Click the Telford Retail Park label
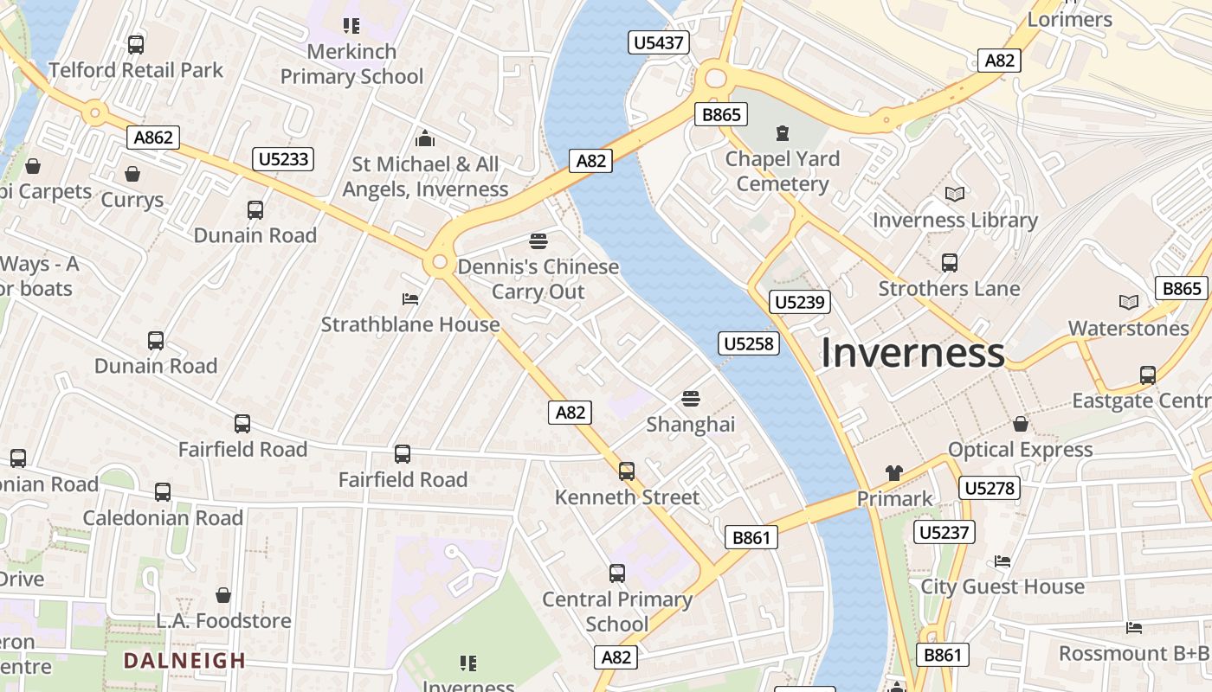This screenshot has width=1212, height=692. pyautogui.click(x=136, y=70)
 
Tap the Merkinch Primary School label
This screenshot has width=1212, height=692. pyautogui.click(x=351, y=64)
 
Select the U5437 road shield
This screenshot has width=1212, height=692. pyautogui.click(x=661, y=42)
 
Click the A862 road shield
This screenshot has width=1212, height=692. pyautogui.click(x=154, y=137)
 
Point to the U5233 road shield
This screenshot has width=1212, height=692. pyautogui.click(x=283, y=159)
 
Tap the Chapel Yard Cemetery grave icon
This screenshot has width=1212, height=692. pyautogui.click(x=783, y=132)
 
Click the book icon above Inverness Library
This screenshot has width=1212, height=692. pyautogui.click(x=955, y=194)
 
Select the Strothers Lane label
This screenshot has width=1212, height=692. pyautogui.click(x=949, y=289)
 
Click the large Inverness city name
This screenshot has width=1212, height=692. pyautogui.click(x=912, y=353)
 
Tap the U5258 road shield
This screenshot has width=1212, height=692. pyautogui.click(x=749, y=344)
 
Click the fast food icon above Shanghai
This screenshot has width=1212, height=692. pyautogui.click(x=690, y=398)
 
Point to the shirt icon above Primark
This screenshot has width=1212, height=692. pyautogui.click(x=894, y=472)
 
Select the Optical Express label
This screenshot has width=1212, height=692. pyautogui.click(x=1020, y=450)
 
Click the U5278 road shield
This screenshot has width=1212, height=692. pyautogui.click(x=989, y=489)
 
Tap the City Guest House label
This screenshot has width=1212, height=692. pyautogui.click(x=1002, y=586)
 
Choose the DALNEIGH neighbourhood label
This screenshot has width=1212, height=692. pyautogui.click(x=184, y=662)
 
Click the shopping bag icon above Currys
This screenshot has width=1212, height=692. pyautogui.click(x=132, y=174)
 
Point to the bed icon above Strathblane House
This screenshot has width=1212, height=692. pyautogui.click(x=410, y=299)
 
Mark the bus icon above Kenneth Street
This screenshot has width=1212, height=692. pyautogui.click(x=627, y=471)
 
